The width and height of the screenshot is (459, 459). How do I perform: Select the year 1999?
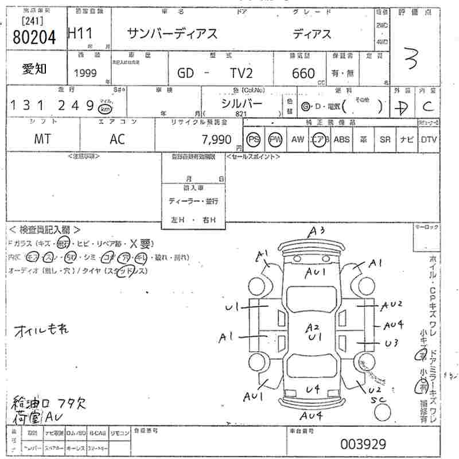tap(85, 73)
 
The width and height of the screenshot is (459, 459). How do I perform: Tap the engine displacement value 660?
tap(303, 73)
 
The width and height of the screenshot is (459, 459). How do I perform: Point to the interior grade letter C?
tap(427, 106)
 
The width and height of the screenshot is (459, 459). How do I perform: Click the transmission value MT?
tap(42, 139)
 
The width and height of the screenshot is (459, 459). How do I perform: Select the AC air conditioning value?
tap(118, 139)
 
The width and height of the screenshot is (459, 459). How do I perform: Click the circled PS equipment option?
tap(253, 139)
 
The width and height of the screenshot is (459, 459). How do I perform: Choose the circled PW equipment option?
tap(276, 139)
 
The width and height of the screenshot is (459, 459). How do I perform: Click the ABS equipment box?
tap(341, 139)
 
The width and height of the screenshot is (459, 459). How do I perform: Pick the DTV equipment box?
tap(428, 139)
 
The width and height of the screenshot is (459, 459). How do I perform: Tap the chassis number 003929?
tap(363, 444)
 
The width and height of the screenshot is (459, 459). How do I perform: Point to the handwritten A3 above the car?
tap(317, 231)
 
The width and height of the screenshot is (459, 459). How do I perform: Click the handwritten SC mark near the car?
tap(376, 399)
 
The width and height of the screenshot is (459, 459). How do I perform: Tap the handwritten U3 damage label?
tap(392, 343)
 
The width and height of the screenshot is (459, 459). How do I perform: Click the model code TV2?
tap(243, 73)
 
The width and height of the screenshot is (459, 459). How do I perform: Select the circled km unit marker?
tap(104, 109)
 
